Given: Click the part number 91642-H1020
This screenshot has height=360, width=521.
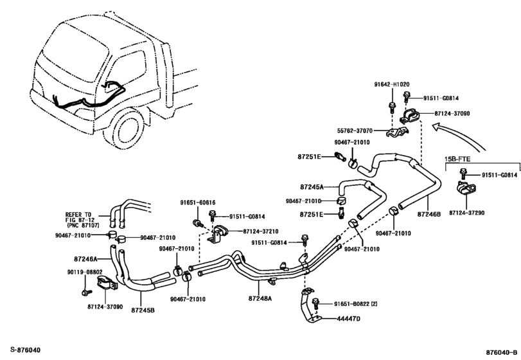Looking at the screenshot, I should coord(392,85).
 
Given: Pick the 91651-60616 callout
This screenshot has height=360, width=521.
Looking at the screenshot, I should coord(197,203).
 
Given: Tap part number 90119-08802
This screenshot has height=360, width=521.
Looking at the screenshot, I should coord(83,273).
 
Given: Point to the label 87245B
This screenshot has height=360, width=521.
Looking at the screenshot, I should coord(143,310).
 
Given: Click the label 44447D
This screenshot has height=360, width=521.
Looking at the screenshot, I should coord(349,319).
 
